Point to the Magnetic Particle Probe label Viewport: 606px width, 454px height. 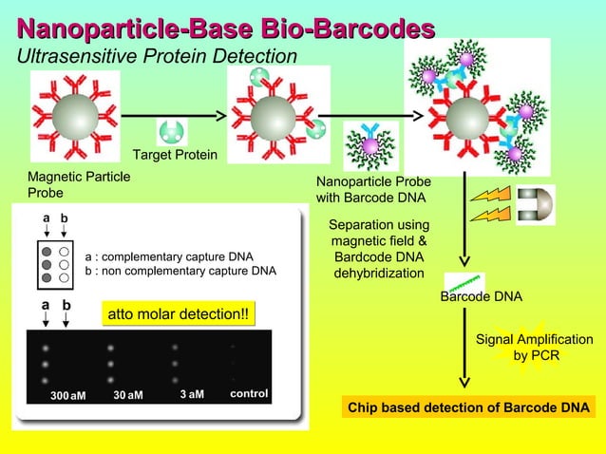79,184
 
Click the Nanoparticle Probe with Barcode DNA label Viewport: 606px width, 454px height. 373,189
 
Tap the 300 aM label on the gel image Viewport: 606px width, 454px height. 68,395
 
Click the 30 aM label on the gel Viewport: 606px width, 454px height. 127,395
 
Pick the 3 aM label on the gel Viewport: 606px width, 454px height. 191,394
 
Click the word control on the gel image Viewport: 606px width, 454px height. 249,393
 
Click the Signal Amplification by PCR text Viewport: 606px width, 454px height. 534,348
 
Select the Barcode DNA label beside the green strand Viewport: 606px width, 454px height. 482,297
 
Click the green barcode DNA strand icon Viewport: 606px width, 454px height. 465,283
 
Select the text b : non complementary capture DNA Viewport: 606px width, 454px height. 180,271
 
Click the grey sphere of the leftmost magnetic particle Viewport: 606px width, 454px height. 73,115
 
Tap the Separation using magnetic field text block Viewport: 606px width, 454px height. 378,249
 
